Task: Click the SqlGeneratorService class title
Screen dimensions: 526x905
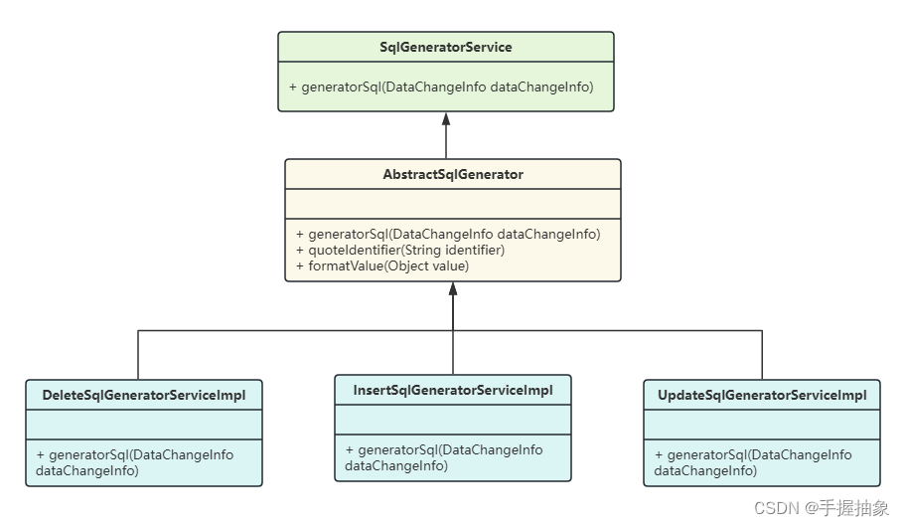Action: click(446, 47)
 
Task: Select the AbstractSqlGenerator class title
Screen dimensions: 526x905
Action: click(453, 174)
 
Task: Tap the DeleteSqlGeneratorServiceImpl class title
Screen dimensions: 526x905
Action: click(144, 395)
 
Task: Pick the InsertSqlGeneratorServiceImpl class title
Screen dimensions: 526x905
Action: click(453, 390)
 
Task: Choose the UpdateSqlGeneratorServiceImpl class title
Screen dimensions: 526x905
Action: click(762, 395)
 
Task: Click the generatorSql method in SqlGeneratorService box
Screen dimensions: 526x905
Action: click(441, 88)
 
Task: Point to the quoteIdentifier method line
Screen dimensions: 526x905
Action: click(400, 251)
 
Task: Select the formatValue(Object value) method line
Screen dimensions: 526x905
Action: click(382, 265)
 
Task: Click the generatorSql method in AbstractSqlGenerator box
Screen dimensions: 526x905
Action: click(448, 235)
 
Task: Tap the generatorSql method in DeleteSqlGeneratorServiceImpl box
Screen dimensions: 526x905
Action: click(135, 462)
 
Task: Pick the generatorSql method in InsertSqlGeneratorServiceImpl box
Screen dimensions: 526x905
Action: click(444, 457)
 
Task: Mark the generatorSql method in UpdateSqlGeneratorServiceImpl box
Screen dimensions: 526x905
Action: click(753, 462)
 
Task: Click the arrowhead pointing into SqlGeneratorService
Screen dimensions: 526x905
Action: click(446, 117)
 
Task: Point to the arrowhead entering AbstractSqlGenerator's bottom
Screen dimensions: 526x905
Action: click(453, 289)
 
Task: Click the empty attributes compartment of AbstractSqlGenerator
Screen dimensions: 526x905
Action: click(453, 204)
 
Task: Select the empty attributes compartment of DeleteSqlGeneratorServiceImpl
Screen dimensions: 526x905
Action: click(144, 425)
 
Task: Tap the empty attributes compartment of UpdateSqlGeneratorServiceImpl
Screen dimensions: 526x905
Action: click(762, 425)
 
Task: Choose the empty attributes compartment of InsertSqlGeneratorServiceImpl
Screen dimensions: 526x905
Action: click(453, 420)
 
